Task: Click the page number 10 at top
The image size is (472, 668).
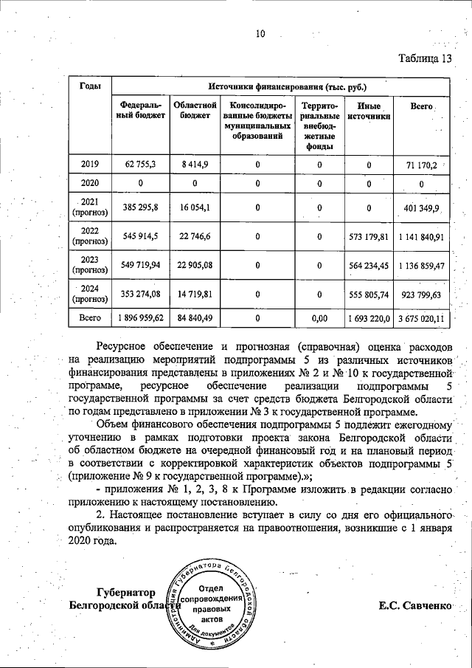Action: pyautogui.click(x=260, y=33)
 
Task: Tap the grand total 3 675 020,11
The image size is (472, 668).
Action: pyautogui.click(x=420, y=318)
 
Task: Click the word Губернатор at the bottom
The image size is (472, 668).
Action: pyautogui.click(x=126, y=593)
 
